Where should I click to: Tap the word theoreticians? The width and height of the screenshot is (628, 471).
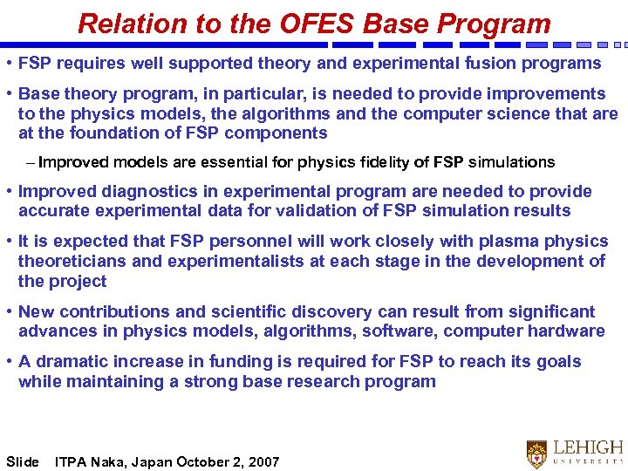point(72,262)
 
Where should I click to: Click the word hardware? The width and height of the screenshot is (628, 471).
point(566,331)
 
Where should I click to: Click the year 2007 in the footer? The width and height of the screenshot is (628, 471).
point(263,461)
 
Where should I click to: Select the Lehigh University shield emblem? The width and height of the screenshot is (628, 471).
point(536,453)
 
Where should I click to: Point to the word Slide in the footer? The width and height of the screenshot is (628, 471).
point(23,461)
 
